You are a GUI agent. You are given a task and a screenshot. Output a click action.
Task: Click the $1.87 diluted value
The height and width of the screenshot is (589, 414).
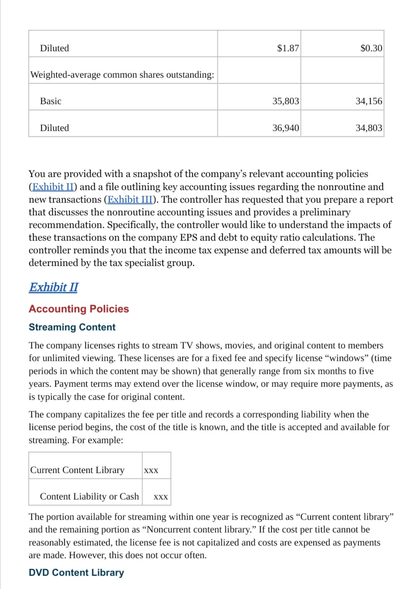tap(288, 48)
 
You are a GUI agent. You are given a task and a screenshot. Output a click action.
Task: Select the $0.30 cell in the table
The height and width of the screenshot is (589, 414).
tap(371, 48)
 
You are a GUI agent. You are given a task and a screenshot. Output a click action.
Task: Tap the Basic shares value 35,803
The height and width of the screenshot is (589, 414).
tap(286, 101)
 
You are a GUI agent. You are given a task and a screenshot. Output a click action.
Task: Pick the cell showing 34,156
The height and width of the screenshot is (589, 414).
tap(369, 101)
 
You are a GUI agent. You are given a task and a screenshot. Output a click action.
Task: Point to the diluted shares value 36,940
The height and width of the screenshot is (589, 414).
tap(286, 128)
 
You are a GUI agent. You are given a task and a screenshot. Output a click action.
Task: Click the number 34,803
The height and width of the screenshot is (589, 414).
tap(369, 128)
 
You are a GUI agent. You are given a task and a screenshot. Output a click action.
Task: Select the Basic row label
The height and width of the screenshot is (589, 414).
tap(51, 101)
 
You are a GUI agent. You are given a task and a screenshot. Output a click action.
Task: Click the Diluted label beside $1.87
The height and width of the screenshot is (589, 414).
tap(54, 48)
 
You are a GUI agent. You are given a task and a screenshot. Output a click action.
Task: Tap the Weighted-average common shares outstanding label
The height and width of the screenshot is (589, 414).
tap(122, 75)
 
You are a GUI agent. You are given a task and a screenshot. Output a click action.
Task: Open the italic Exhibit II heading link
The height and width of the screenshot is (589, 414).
tap(53, 287)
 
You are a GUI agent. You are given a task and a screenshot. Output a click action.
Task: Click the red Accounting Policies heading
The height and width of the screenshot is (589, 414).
tap(79, 309)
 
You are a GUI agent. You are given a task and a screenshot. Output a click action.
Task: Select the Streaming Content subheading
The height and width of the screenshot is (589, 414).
tap(72, 327)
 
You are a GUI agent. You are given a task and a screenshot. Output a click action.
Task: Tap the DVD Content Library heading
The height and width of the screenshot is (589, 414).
tap(76, 573)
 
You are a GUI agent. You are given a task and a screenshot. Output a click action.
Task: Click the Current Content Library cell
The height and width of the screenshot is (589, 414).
tap(77, 470)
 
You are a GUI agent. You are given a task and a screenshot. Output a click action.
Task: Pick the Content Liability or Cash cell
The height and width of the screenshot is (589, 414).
tap(89, 497)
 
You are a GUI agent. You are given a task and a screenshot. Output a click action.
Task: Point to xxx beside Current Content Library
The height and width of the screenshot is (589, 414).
tap(151, 471)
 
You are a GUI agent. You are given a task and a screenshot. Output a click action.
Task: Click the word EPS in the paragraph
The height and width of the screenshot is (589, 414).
tap(189, 238)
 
